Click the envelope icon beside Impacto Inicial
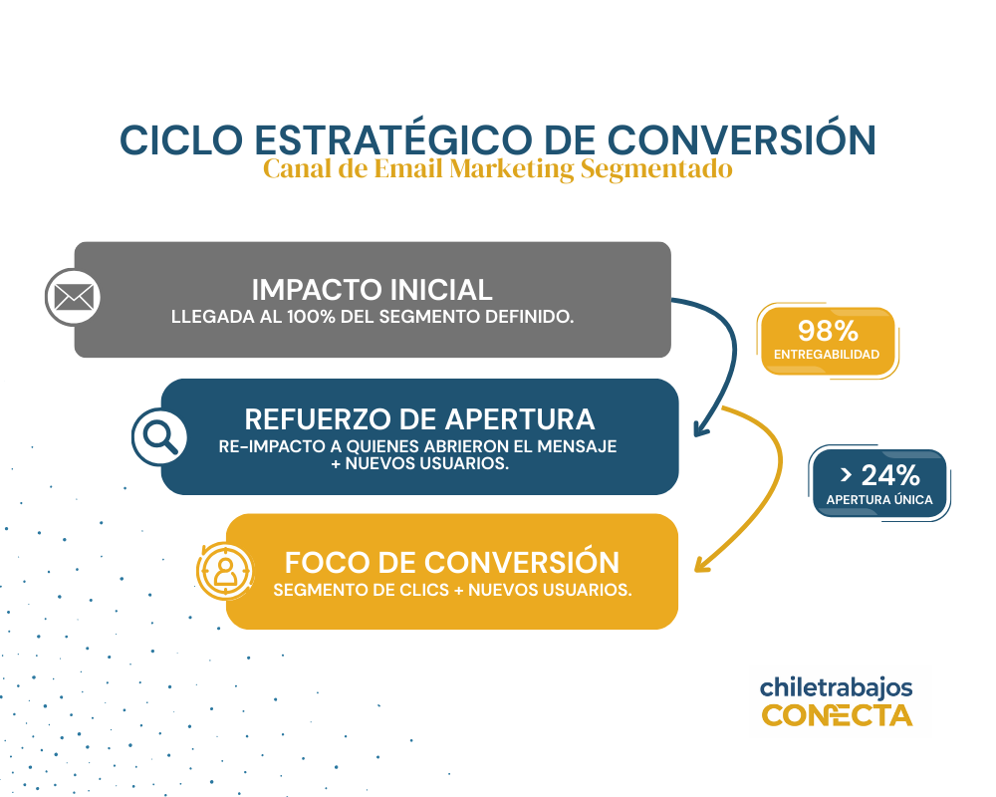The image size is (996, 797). pos(74,297)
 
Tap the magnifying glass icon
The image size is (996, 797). pos(159,436)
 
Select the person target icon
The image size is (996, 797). pos(225,572)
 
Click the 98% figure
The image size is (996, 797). pos(828,331)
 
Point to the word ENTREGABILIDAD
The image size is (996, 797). pos(827,355)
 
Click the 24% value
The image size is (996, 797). pos(890,475)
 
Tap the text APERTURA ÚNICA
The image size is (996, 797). pos(879,500)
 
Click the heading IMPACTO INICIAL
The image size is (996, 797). pos(373,290)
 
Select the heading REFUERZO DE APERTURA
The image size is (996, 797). pos(420,419)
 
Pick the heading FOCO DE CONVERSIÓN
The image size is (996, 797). pos(451,563)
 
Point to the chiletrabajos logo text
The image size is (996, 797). pos(836,687)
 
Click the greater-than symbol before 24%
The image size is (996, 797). pos(846,475)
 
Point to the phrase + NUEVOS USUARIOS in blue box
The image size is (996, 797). pos(420,463)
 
